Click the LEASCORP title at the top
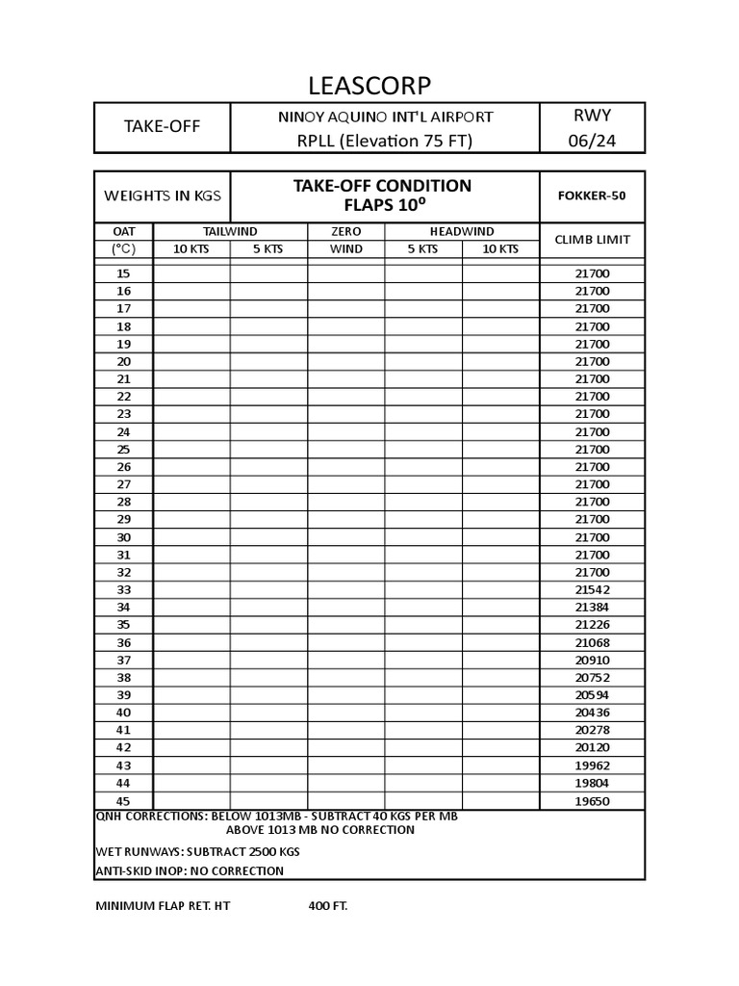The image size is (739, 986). tap(369, 85)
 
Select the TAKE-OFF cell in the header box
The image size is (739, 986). tap(162, 126)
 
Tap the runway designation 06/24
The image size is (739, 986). tap(592, 141)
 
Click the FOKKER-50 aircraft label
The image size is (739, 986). tap(592, 195)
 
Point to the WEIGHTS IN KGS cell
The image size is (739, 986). tap(162, 195)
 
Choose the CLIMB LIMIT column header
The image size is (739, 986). tap(592, 240)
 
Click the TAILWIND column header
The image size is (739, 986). tap(230, 231)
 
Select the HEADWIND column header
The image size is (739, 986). tap(461, 231)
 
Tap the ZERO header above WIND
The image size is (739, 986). tap(345, 231)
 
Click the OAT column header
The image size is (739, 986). tap(123, 231)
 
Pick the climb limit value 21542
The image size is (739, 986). tap(592, 589)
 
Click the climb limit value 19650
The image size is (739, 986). tap(592, 801)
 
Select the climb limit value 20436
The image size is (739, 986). tap(592, 713)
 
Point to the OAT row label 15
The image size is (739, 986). tap(123, 273)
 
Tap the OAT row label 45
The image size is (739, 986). tap(123, 801)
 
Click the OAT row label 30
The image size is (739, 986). tap(123, 537)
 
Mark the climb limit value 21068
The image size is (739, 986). tap(592, 642)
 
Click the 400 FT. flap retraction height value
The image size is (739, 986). tap(328, 906)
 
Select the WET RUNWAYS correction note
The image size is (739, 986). tap(197, 851)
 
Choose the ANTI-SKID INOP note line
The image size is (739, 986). tap(190, 870)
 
